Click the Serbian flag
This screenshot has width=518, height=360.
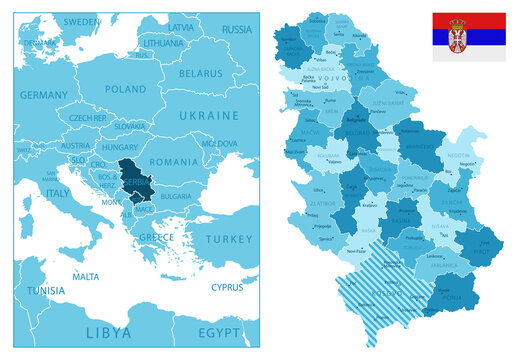(x=468, y=37)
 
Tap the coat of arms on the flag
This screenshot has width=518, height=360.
(x=458, y=36)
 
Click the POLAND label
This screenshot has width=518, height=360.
(x=126, y=89)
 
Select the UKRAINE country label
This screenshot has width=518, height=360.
(x=210, y=115)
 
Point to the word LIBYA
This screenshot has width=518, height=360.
(x=107, y=332)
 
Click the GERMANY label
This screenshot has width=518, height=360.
(x=43, y=95)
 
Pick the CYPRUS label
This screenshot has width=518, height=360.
(x=227, y=286)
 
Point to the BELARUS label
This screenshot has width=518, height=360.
(x=200, y=73)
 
